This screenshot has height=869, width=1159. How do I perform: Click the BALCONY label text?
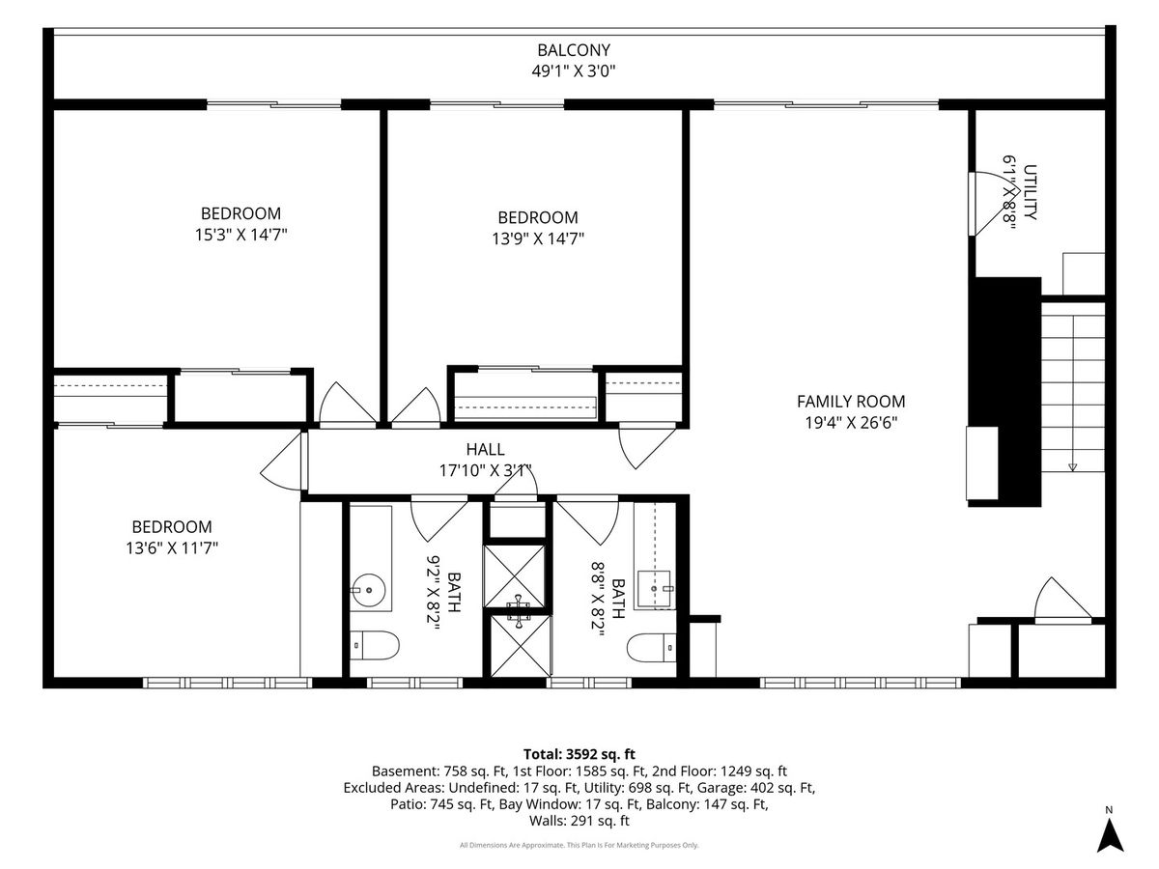tap(574, 50)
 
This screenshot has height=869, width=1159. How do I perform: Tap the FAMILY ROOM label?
tap(851, 402)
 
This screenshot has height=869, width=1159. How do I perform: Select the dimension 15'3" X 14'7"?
tap(240, 235)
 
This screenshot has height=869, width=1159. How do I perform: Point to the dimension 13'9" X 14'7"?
tap(538, 238)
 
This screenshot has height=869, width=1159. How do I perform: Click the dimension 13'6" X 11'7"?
tap(172, 548)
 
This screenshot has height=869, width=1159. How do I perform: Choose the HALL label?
tap(485, 450)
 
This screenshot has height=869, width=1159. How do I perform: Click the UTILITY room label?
tap(1030, 192)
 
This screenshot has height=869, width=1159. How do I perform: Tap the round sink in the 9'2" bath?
tap(369, 590)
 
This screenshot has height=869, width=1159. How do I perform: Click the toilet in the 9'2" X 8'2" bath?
tap(375, 645)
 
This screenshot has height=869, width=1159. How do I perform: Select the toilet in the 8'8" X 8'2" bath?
tap(652, 647)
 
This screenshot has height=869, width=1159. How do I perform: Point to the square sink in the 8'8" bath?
tap(655, 588)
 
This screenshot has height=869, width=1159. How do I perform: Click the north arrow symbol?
tap(1110, 836)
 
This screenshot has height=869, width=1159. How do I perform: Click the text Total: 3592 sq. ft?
tap(579, 754)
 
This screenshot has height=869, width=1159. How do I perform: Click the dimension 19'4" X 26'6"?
tap(851, 423)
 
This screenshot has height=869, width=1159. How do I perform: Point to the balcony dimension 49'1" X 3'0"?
tap(574, 70)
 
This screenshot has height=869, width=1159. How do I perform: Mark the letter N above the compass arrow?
tap(1110, 810)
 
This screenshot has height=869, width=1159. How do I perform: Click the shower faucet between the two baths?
tap(519, 611)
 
